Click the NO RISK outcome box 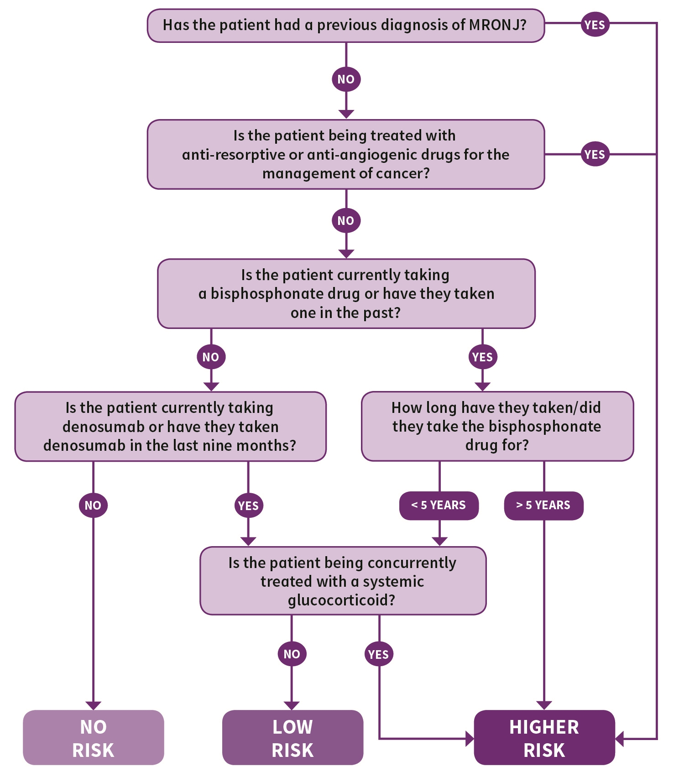click(94, 737)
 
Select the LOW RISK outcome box click(292, 737)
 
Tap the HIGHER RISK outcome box click(544, 737)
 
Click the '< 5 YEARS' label click(439, 506)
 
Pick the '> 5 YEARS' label click(544, 506)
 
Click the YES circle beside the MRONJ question click(595, 25)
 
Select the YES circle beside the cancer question click(595, 154)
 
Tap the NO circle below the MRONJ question click(346, 79)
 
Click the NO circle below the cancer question click(346, 220)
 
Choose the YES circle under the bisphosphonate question click(483, 357)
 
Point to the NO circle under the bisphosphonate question click(211, 357)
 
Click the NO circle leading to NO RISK click(93, 505)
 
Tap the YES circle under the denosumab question click(248, 506)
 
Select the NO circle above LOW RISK click(292, 654)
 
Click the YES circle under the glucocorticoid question click(379, 654)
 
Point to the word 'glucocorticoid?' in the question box click(342, 600)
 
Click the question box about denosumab click(171, 427)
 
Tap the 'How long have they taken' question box click(497, 426)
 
